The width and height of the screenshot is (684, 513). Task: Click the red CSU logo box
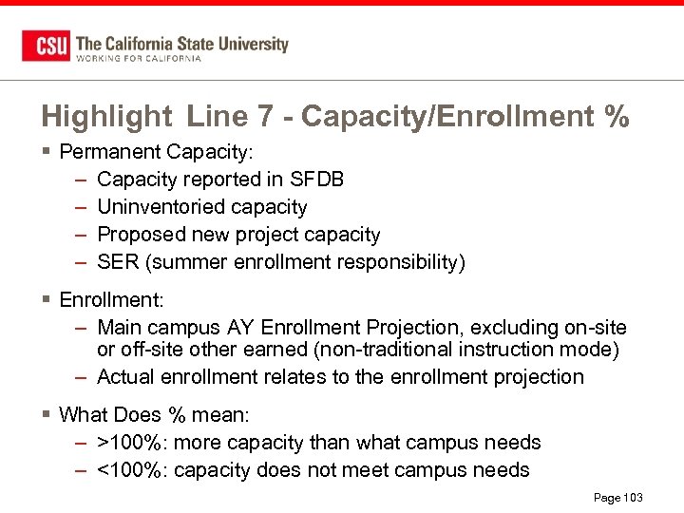[46, 46]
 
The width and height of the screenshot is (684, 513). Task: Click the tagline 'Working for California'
[138, 59]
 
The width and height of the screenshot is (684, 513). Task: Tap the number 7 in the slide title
[265, 117]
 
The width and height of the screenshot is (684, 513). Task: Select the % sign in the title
[616, 117]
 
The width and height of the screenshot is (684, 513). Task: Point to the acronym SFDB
[318, 180]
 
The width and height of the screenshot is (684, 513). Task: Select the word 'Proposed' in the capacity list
[139, 235]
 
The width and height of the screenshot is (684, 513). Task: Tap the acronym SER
[118, 262]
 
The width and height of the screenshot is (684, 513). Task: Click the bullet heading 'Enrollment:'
[111, 300]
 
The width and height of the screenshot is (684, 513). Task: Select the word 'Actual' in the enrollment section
[127, 377]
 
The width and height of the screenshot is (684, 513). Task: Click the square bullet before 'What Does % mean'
[46, 415]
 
